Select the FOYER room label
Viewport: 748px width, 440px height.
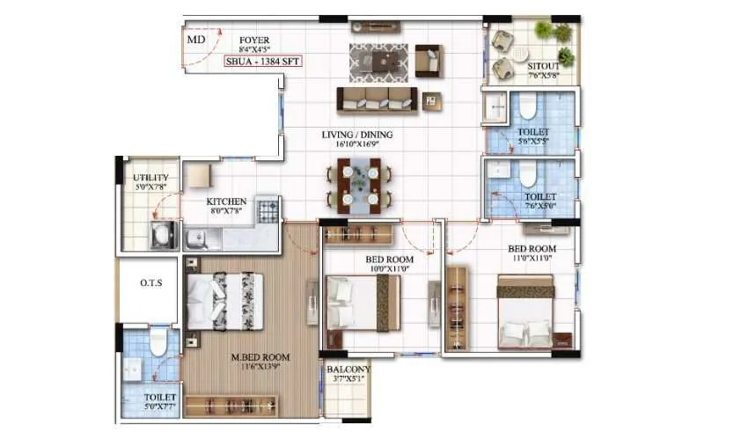254,40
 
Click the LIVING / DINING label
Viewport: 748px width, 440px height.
357,135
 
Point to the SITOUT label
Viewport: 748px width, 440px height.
544,66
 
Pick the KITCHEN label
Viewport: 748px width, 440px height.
226,202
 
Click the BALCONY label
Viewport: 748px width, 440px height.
348,370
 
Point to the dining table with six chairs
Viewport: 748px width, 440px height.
360,186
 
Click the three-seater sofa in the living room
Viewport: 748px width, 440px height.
377,99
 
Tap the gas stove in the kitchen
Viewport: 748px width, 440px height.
268,209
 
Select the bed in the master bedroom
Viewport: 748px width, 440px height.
225,298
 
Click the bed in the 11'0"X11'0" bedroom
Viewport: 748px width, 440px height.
525,312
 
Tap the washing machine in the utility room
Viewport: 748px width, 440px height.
163,235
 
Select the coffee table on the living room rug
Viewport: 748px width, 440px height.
382,61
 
